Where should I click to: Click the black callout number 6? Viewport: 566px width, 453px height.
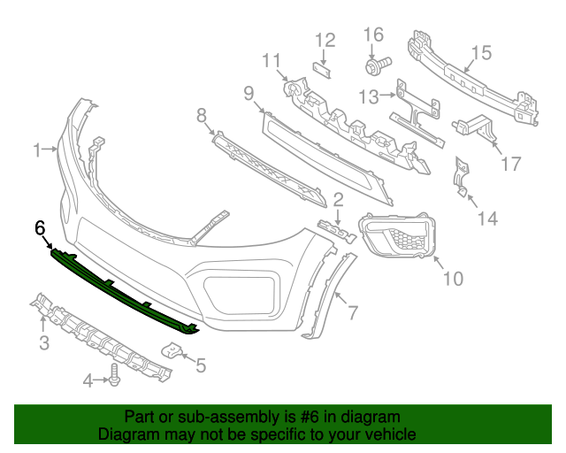[40, 227]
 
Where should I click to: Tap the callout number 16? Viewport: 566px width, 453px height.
[373, 35]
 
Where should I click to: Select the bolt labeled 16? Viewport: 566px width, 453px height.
[378, 65]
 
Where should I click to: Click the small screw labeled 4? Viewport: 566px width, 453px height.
[114, 374]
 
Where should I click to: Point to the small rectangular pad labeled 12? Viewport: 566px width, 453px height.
[322, 69]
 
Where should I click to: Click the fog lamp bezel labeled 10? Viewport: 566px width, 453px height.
[397, 234]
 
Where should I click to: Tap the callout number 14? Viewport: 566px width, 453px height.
[487, 219]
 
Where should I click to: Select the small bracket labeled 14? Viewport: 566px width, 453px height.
[462, 177]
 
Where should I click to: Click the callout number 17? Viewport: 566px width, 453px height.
[511, 164]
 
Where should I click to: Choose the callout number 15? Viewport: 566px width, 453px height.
[481, 52]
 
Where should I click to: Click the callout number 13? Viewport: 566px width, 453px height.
[369, 96]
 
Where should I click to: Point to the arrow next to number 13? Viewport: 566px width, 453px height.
[388, 95]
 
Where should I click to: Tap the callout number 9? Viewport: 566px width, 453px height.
[249, 93]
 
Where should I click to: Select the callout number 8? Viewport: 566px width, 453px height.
[202, 116]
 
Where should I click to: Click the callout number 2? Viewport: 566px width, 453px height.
[338, 200]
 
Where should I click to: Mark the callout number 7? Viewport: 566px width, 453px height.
[352, 312]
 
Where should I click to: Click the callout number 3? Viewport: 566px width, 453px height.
[44, 342]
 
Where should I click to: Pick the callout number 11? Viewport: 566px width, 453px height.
[272, 60]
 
